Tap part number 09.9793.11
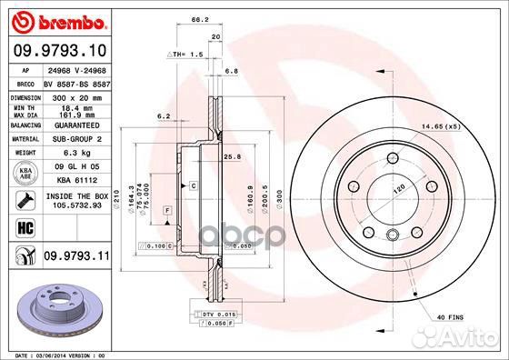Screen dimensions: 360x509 pos(76,257)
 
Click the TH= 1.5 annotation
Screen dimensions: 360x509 pos(187,55)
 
